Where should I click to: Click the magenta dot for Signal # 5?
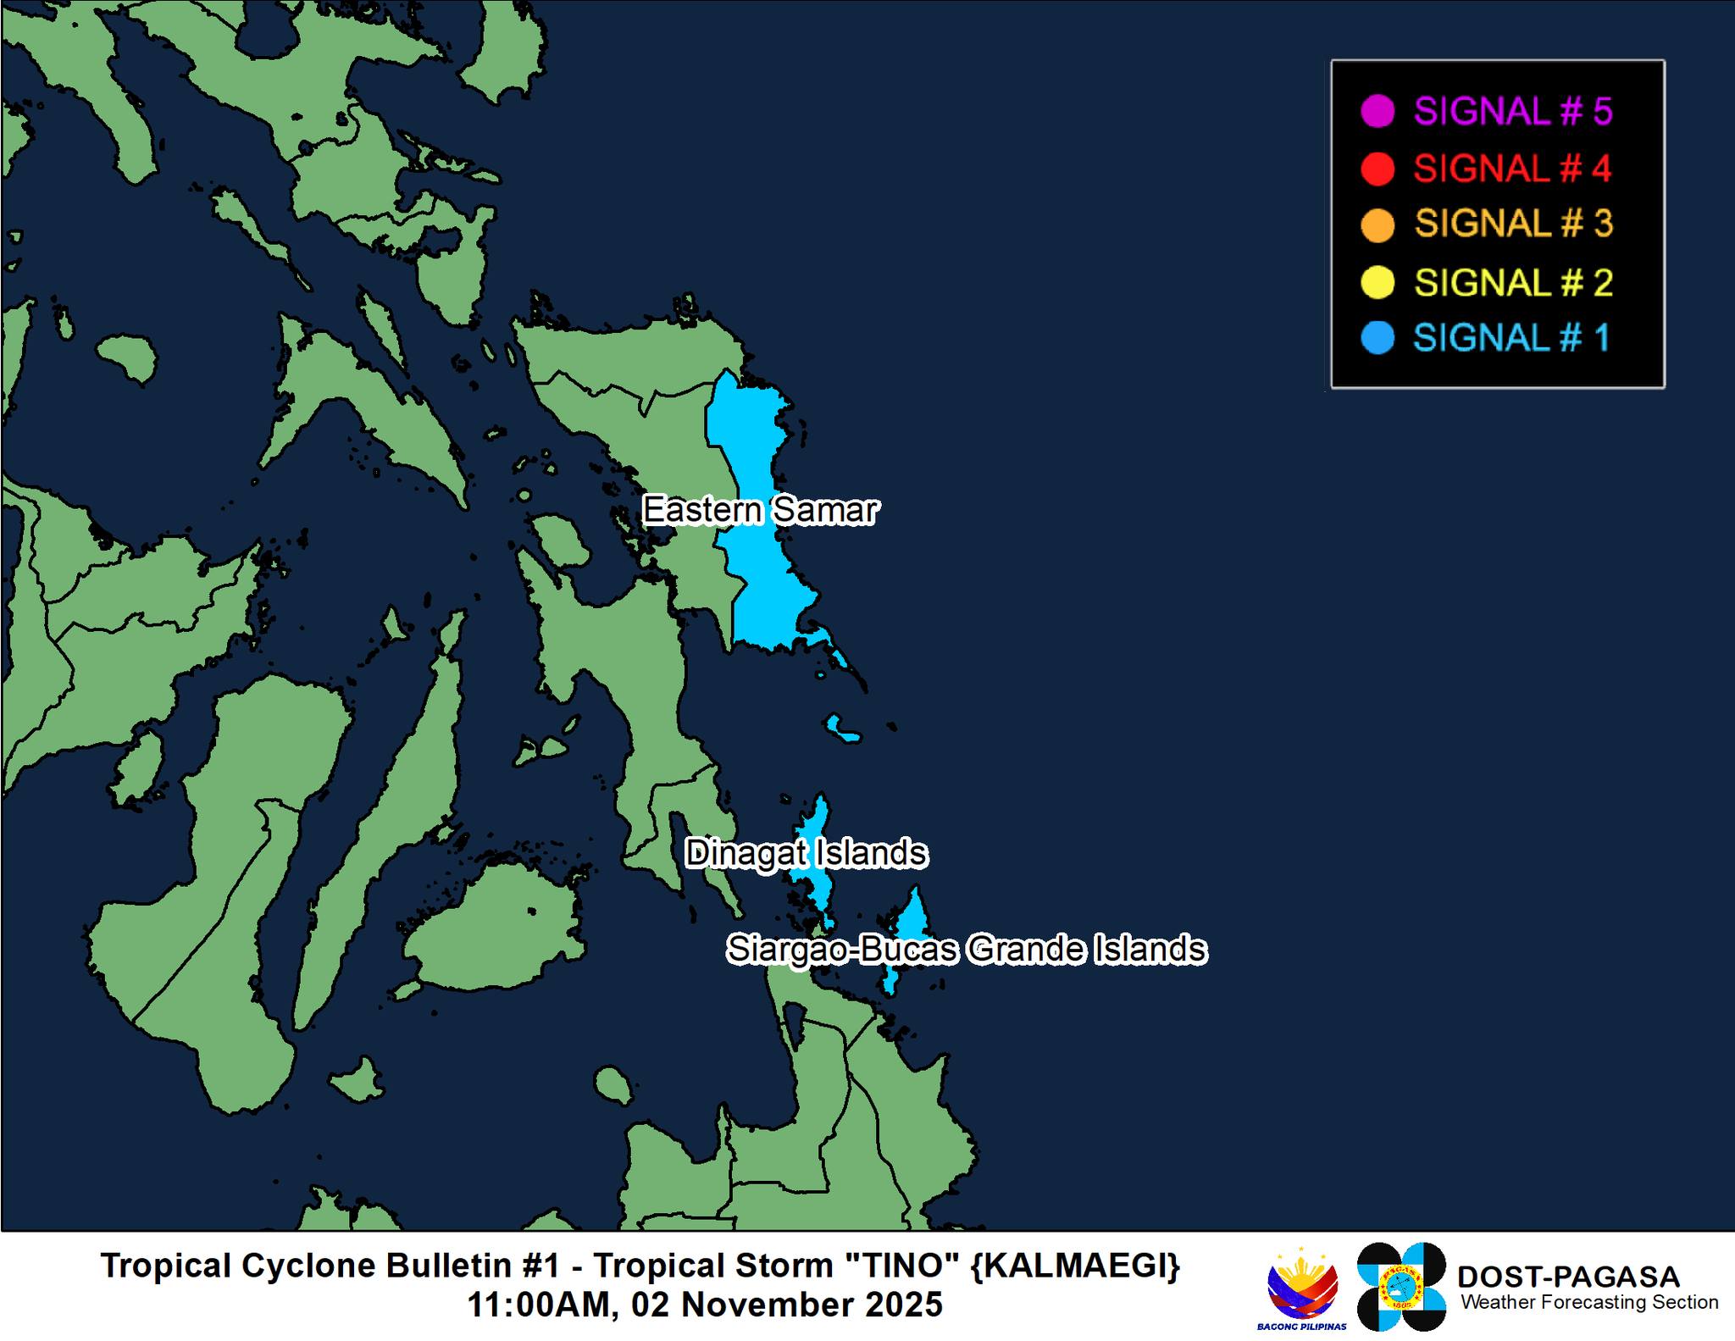tap(1377, 112)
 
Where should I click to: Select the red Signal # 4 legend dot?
tap(1377, 169)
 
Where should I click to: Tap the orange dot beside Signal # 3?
tap(1377, 225)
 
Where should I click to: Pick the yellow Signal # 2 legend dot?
tap(1377, 282)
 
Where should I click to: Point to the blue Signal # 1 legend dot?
tap(1377, 338)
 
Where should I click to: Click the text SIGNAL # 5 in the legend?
tap(1512, 112)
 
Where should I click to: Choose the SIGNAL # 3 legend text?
tap(1513, 224)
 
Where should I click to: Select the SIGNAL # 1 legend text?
tap(1511, 338)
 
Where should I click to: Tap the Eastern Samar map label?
tap(760, 510)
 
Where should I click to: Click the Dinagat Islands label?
tap(806, 853)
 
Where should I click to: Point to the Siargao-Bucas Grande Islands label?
tap(966, 949)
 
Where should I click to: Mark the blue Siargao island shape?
tap(911, 919)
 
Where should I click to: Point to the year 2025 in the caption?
tap(904, 1305)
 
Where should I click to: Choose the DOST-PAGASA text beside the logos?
tap(1567, 1277)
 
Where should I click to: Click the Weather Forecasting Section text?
tap(1588, 1302)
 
